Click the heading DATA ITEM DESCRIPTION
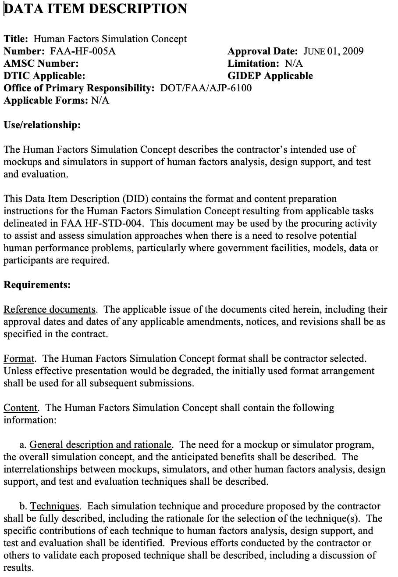point(95,9)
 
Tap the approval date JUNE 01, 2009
point(334,51)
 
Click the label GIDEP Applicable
point(270,76)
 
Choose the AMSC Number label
point(41,63)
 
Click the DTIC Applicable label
point(44,76)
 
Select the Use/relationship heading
point(42,125)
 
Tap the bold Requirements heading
point(37,285)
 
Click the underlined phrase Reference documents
point(50,310)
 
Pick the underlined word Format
point(19,359)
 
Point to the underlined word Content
point(21,408)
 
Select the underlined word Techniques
point(54,506)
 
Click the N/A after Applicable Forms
point(100,100)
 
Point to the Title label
point(16,39)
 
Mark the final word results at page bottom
point(18,568)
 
